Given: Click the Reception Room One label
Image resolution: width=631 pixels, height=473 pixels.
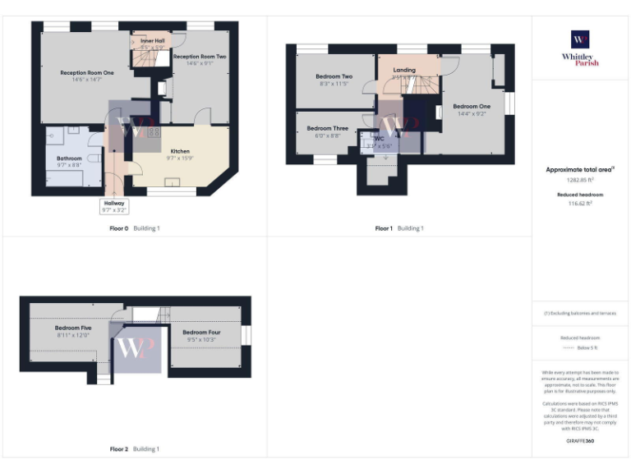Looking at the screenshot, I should coord(86,73).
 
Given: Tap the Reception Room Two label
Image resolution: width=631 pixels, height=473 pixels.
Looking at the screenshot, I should coord(200,57).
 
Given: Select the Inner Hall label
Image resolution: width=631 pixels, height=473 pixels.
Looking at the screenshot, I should coord(153,40).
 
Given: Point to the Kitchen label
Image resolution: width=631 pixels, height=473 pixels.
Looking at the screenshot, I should coord(180,152).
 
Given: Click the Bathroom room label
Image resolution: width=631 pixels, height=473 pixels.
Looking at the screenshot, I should coord(69,158).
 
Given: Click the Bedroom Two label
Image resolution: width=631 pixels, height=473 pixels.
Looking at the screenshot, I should coord(334,77).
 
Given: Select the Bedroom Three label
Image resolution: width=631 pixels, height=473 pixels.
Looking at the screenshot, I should coord(327,129).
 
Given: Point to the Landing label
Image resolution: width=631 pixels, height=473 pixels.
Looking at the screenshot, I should coord(404,71).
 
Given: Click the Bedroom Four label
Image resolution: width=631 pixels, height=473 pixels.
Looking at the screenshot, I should coord(201,333).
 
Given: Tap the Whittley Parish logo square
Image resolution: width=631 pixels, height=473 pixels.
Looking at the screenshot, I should coord(580,39).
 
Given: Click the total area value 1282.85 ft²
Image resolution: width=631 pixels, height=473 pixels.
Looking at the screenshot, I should coord(580,179).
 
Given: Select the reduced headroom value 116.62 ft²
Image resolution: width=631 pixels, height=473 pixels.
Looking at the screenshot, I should coord(580,204).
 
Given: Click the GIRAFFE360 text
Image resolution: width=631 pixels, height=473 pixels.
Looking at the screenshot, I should coord(580,441).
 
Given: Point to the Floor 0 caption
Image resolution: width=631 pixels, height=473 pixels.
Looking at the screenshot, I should coord(119,228).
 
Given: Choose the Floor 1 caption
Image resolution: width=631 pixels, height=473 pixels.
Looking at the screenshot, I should coord(384,228).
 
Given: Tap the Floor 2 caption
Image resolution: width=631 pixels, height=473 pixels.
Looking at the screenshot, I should coord(119,449).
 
